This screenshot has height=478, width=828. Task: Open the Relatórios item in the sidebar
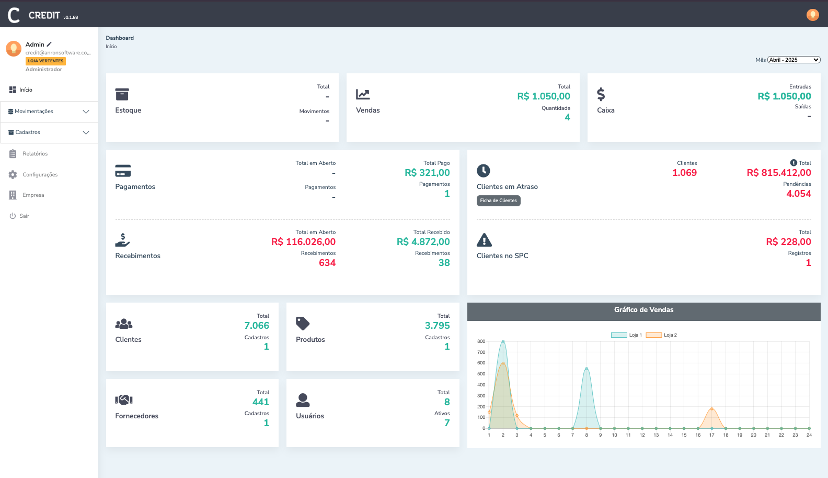click(x=34, y=154)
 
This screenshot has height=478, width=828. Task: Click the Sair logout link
click(x=24, y=216)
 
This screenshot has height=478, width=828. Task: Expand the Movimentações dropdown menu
click(x=49, y=112)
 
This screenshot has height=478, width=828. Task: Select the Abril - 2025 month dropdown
click(x=793, y=60)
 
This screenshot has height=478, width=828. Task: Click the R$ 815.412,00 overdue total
click(x=778, y=173)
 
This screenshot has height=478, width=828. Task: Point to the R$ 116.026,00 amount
click(x=303, y=242)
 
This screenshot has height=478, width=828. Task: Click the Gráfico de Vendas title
click(x=643, y=310)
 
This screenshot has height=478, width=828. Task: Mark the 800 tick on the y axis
click(x=481, y=341)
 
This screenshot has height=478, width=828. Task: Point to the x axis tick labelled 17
click(x=711, y=435)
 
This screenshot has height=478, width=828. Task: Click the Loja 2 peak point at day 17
click(x=711, y=409)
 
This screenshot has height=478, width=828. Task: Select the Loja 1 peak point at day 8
click(x=586, y=369)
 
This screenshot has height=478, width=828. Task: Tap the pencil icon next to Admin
click(x=49, y=45)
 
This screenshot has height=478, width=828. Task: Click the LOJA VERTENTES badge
click(x=45, y=61)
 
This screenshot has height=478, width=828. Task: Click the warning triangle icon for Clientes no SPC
click(x=484, y=240)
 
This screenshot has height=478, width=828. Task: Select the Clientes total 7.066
click(x=256, y=326)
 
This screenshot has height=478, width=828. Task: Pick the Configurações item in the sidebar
click(x=40, y=175)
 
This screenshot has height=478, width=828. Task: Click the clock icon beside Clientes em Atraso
click(x=484, y=171)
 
